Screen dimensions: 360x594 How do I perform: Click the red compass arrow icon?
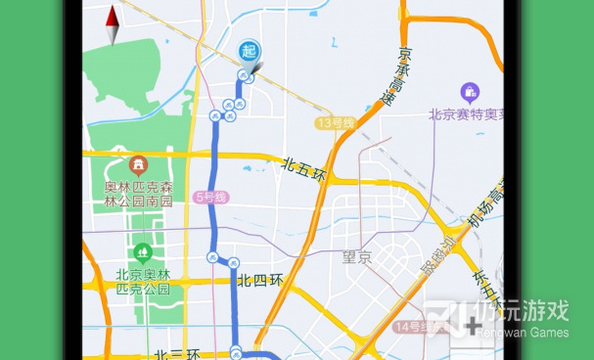113,24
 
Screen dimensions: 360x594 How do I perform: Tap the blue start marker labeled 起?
249,51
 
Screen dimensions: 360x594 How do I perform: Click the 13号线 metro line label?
335,123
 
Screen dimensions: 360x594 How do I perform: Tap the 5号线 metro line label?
210,197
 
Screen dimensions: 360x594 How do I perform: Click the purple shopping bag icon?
471,93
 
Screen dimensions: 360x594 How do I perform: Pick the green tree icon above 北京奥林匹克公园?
144,251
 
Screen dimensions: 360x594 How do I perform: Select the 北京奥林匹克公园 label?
143,281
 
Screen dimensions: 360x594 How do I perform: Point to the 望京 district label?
357,258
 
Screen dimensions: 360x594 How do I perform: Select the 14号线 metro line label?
416,326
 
